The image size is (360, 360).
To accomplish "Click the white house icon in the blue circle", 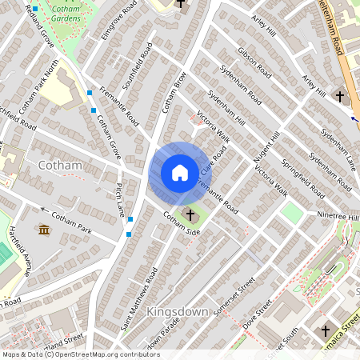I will point(179,173).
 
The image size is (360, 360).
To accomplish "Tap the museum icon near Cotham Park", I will point(42,230).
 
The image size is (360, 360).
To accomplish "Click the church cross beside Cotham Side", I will point(190,215).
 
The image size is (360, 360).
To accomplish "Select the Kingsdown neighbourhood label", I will point(178,311).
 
